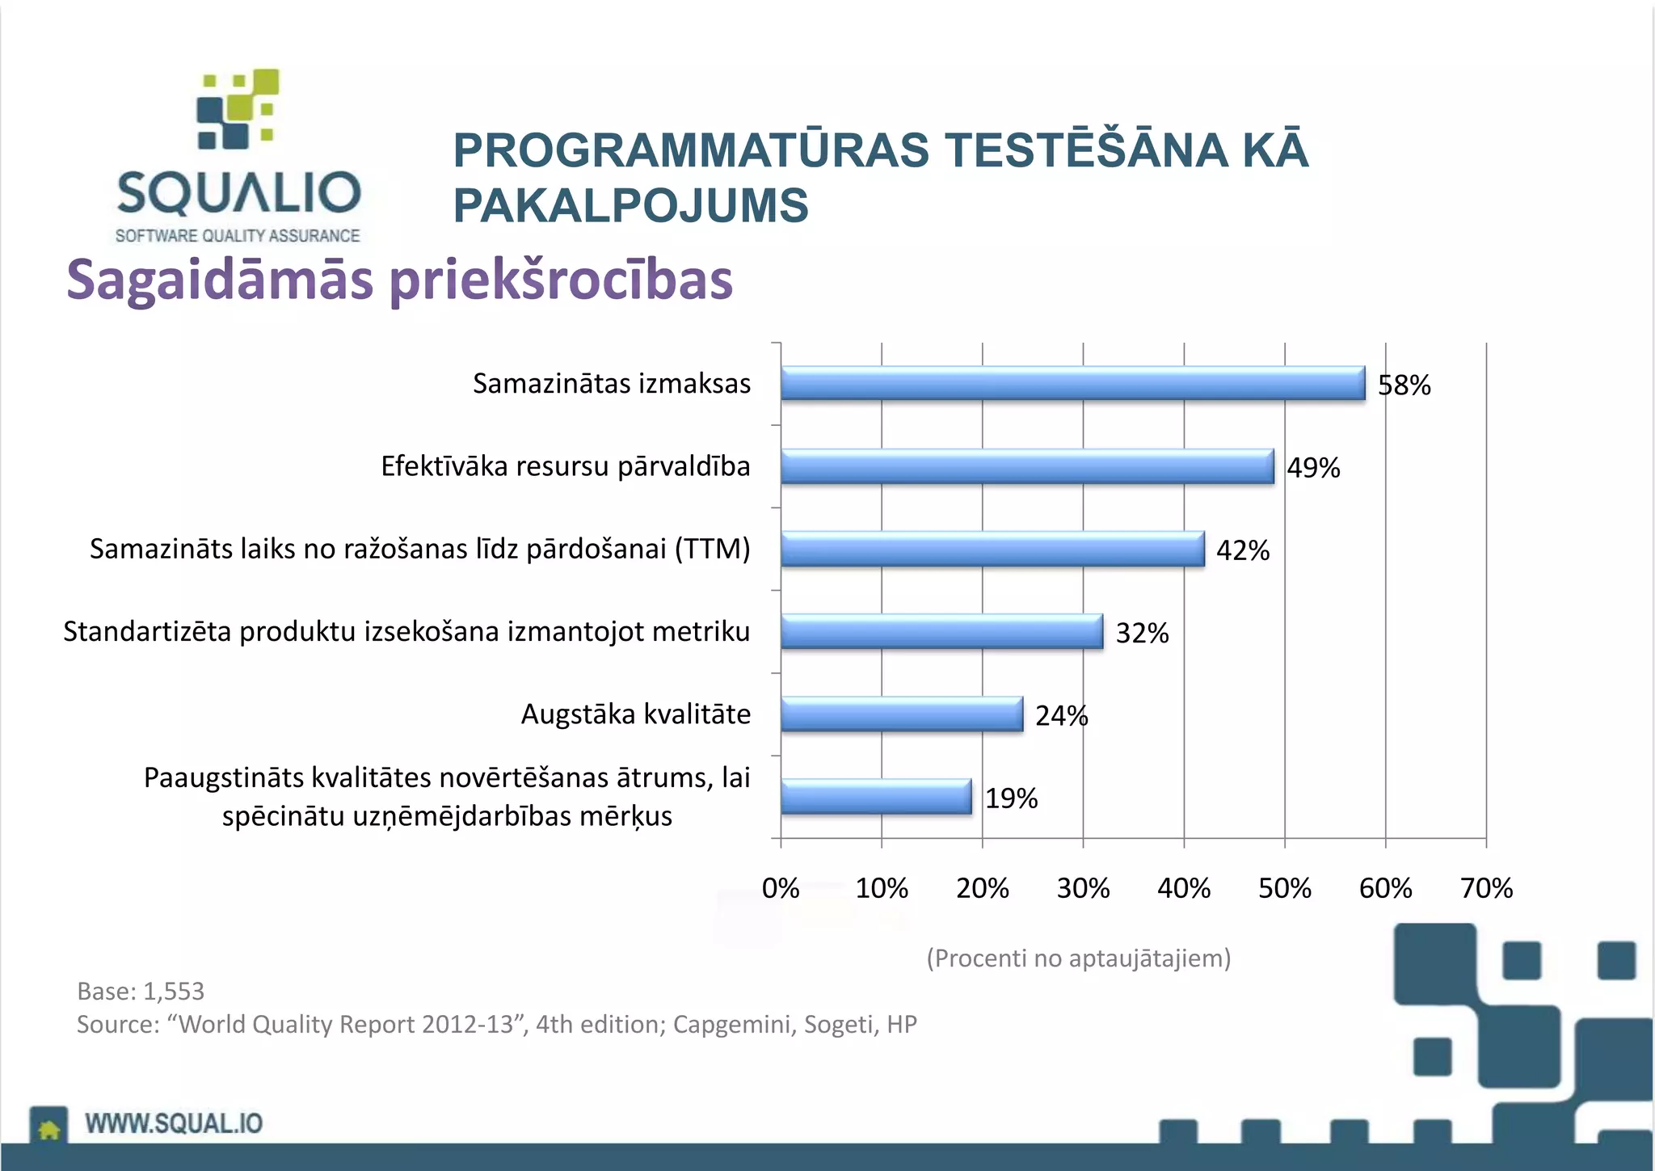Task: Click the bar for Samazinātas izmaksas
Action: (1072, 383)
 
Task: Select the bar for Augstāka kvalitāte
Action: (901, 714)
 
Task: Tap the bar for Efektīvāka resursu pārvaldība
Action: (1026, 466)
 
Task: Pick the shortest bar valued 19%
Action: (876, 797)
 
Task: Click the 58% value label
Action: (1404, 385)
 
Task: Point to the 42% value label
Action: (1242, 550)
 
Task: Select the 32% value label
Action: (1142, 633)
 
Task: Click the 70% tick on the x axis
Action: (1485, 888)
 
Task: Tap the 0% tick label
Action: (781, 888)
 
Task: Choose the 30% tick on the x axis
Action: (1083, 888)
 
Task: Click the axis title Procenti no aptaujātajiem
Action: (1078, 958)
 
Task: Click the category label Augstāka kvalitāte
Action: (635, 714)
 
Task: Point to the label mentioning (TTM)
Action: (419, 549)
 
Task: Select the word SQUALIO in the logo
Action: (238, 192)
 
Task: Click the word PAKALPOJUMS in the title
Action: (630, 205)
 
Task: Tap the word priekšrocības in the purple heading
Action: (561, 280)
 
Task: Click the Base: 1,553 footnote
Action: (141, 991)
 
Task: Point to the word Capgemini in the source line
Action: (730, 1024)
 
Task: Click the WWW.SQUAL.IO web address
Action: (174, 1123)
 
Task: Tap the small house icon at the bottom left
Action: (48, 1128)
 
